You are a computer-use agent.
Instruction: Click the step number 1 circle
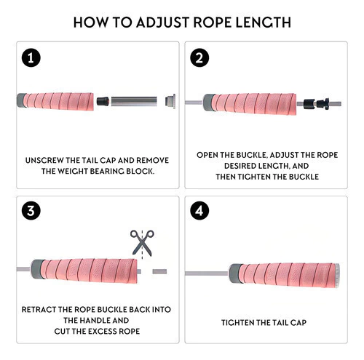(31, 58)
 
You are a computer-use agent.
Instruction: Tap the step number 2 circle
(199, 58)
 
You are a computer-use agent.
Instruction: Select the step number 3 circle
(31, 211)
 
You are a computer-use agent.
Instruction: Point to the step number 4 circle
(199, 211)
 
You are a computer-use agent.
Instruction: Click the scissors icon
(142, 243)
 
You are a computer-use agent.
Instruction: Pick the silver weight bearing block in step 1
(134, 102)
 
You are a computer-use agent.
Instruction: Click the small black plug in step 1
(103, 101)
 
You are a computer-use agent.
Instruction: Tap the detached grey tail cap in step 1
(170, 101)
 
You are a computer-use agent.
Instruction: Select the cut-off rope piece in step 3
(159, 271)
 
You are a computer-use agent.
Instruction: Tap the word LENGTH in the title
(263, 23)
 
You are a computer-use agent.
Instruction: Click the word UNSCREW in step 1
(44, 161)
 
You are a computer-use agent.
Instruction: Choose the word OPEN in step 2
(206, 155)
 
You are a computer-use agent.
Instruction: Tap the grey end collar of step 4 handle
(235, 273)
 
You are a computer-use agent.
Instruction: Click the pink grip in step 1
(59, 101)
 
